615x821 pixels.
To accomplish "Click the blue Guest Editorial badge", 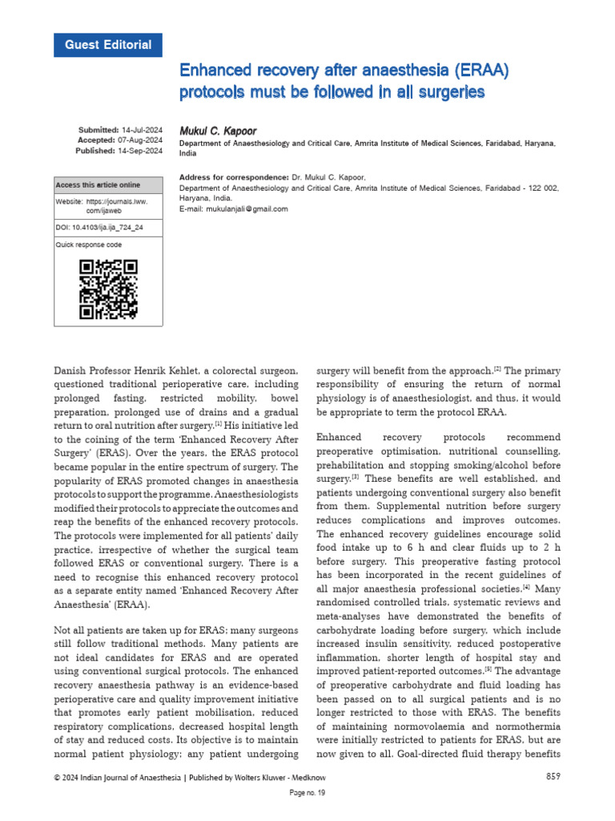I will pos(108,45).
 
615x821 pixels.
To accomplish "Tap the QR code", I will pos(108,289).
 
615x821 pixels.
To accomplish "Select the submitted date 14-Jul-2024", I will pos(142,130).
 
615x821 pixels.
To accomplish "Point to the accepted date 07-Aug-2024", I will pos(142,140).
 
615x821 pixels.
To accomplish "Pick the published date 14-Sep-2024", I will pos(142,151).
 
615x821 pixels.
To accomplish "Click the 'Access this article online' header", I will pos(98,185).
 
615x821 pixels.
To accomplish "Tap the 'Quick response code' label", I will pos(89,245).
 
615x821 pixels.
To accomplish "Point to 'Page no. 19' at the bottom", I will pos(307,793).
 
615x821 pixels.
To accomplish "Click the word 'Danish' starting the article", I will pos(70,371).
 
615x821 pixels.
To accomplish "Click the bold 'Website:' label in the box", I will pos(69,202).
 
